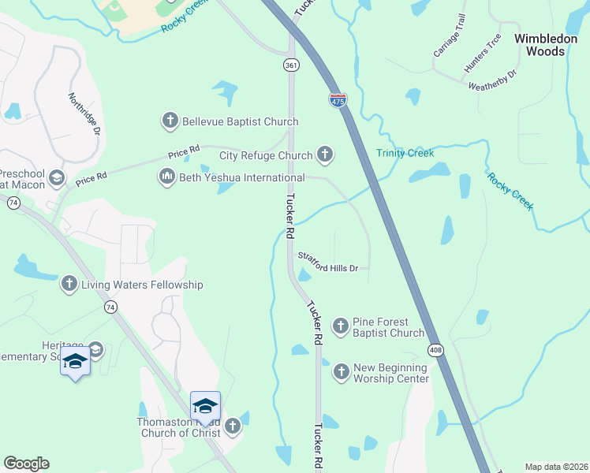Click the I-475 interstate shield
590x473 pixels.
pos(338,99)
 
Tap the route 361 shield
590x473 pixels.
pos(292,65)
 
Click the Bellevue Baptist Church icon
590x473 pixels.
pos(170,121)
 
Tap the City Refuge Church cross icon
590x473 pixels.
pos(324,155)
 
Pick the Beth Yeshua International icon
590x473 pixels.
pos(166,177)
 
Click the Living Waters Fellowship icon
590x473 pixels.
pos(69,284)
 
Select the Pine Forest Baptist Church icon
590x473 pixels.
pos(341,325)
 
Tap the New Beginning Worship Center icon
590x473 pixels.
pos(341,371)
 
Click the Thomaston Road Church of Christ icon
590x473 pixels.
pos(232,426)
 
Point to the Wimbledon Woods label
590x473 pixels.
pos(540,44)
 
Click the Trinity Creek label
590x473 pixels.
pos(405,153)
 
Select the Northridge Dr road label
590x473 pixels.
pos(84,114)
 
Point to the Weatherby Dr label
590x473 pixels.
pos(491,80)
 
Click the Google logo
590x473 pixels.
pos(26,464)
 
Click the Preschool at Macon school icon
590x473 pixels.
pos(56,178)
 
